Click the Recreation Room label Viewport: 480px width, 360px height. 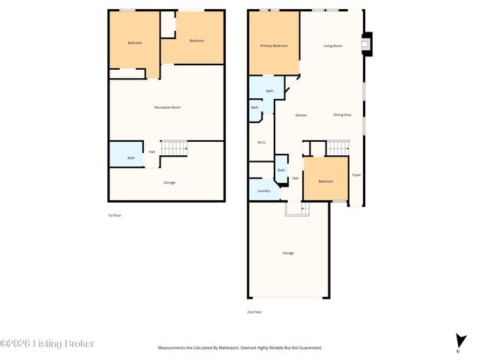point(167,107)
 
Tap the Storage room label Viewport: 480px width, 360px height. point(169,182)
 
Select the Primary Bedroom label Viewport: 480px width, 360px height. point(274,46)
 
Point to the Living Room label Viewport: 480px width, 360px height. point(333,46)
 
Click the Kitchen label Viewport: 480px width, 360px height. point(301,115)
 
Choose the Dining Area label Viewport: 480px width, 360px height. point(342,115)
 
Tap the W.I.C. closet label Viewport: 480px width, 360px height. point(262,142)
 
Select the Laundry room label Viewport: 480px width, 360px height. point(263,190)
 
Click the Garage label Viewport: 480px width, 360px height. point(288,253)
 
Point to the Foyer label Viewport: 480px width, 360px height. point(356,175)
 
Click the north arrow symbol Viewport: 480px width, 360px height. point(457,340)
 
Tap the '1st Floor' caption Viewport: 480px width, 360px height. point(114,215)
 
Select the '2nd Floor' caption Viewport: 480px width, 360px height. point(254,311)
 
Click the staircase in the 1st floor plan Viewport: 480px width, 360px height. point(174,148)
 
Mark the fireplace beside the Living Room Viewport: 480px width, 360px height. point(366,46)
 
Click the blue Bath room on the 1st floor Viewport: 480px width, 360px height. point(127,154)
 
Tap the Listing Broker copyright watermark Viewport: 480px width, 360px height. point(47,343)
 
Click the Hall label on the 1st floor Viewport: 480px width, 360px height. point(152,152)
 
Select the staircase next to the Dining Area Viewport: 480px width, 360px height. point(338,148)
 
